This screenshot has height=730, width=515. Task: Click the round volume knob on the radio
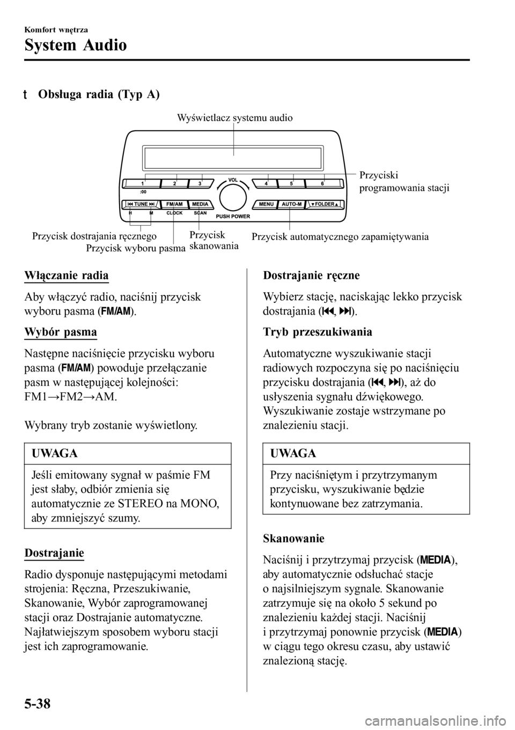pyautogui.click(x=232, y=196)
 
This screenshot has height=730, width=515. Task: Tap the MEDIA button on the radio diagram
pyautogui.click(x=200, y=204)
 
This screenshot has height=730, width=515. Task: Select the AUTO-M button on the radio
pyautogui.click(x=291, y=204)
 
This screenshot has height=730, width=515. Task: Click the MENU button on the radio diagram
pyautogui.click(x=267, y=204)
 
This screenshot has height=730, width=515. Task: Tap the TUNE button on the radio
pyautogui.click(x=141, y=204)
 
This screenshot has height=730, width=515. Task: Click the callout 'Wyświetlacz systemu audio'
pyautogui.click(x=234, y=117)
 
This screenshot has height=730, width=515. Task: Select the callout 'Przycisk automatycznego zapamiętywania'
pyautogui.click(x=340, y=236)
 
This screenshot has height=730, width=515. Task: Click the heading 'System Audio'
pyautogui.click(x=76, y=45)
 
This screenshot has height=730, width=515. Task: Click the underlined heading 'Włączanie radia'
pyautogui.click(x=67, y=275)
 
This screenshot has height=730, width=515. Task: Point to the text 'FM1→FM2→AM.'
pyautogui.click(x=70, y=398)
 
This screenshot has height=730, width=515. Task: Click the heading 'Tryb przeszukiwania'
pyautogui.click(x=318, y=332)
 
